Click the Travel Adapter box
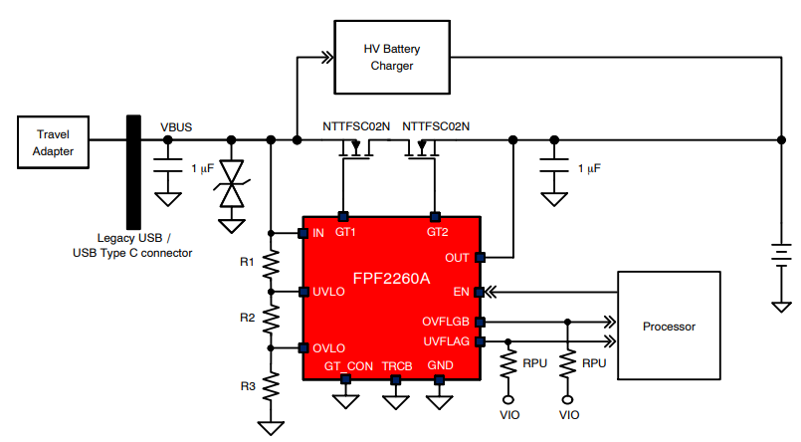coord(53,142)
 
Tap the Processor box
coord(668,326)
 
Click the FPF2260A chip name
coord(391,278)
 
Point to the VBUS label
coord(176,127)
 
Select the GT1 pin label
coord(345,232)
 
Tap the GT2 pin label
coord(437,232)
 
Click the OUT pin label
coord(457,258)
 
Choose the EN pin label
coord(461,293)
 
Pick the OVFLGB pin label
coord(446,322)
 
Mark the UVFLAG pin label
coord(447,341)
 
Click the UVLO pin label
coord(329,292)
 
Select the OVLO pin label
coord(329,347)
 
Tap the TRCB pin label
coord(396,366)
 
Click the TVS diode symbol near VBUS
coord(232,185)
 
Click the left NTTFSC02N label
coord(356,127)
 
